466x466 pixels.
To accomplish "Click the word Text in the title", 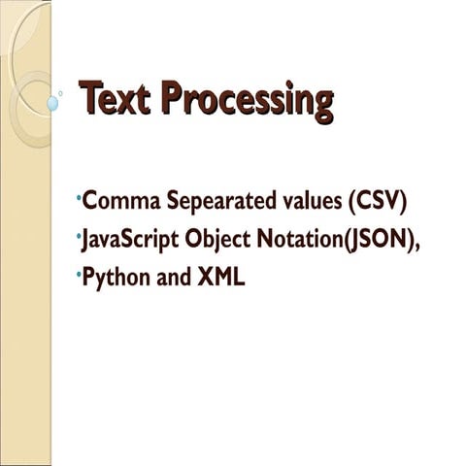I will [116, 100].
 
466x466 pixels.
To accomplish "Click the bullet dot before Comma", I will [79, 198].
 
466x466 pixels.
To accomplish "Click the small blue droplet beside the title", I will [52, 102].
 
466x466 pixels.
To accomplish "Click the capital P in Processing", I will [172, 99].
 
